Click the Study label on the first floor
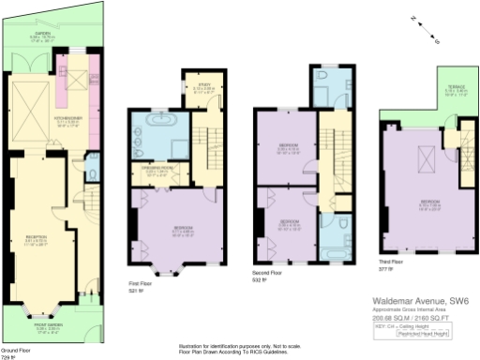202,85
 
